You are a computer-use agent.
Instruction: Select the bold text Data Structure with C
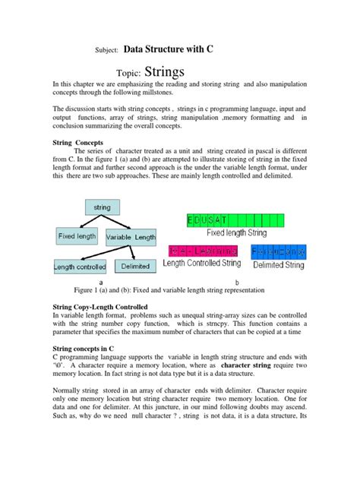coord(168,49)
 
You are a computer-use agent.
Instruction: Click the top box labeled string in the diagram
coord(101,207)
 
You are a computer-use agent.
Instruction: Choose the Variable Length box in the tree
coord(132,236)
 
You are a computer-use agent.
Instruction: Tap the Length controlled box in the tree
coord(80,267)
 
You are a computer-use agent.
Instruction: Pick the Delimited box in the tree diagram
coord(135,267)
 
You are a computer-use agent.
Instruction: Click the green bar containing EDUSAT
coord(245,220)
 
